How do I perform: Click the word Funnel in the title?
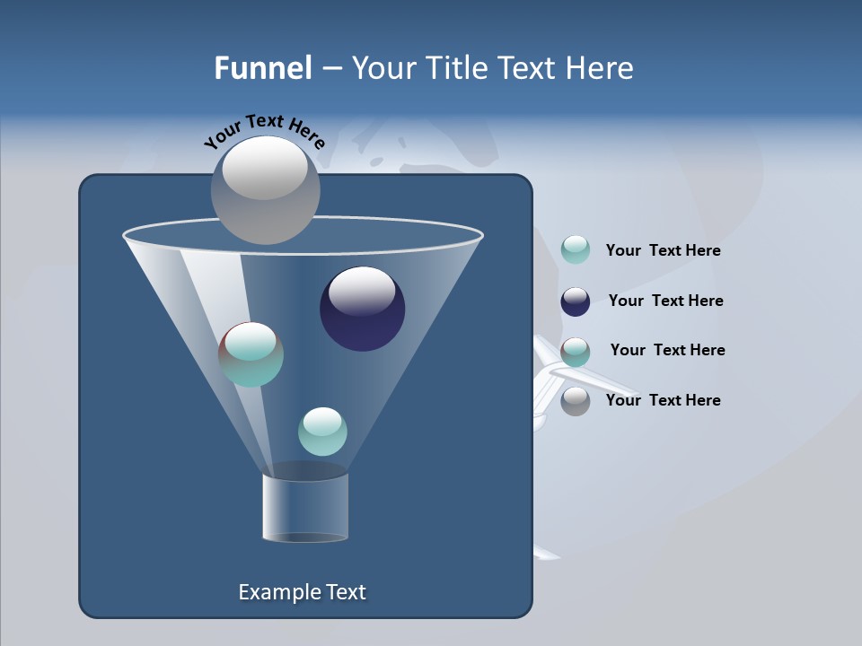262,68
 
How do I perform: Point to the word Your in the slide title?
383,68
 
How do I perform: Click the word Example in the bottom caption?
271,592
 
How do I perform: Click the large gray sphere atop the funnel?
265,189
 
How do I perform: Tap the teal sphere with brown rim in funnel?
251,354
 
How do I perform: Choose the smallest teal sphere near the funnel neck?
322,432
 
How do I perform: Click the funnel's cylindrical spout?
305,507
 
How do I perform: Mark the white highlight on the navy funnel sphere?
362,291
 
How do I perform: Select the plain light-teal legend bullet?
576,250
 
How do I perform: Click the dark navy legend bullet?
576,301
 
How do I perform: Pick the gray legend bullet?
576,401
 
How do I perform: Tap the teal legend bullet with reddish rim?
576,352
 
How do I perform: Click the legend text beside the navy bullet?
665,301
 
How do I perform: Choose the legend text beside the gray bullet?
663,400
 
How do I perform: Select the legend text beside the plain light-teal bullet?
663,250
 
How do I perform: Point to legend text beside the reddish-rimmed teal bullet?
667,350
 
